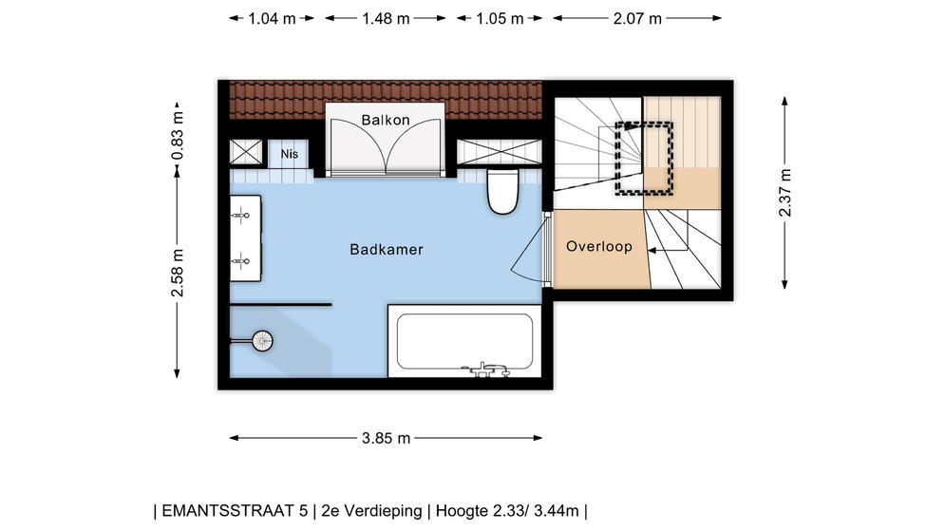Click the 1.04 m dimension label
(x=272, y=19)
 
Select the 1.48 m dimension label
(x=386, y=19)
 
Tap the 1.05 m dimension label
(x=500, y=19)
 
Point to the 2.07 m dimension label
(x=637, y=19)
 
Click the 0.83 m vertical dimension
(x=178, y=136)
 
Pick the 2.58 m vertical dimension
(x=178, y=273)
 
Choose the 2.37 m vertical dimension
(x=784, y=193)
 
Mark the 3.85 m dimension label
(x=386, y=439)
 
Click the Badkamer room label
(x=387, y=249)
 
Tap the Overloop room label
(x=599, y=246)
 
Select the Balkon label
(x=386, y=120)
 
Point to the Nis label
(x=290, y=154)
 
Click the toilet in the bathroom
(x=502, y=191)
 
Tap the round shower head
(x=262, y=341)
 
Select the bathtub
(x=464, y=341)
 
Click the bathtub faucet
(x=486, y=370)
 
